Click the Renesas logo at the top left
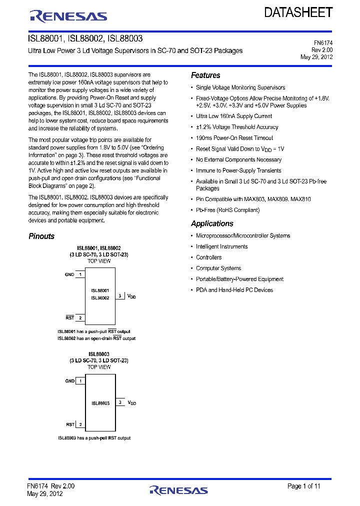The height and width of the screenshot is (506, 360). pos(68,16)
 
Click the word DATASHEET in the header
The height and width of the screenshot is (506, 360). pos(298,13)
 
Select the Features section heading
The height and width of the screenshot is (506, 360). pos(205,75)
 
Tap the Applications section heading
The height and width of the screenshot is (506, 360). pos(212,223)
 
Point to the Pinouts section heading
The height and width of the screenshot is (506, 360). pos(41,236)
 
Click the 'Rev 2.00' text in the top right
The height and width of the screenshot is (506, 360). pos(322,50)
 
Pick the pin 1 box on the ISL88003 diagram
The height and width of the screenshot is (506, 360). pos(80,381)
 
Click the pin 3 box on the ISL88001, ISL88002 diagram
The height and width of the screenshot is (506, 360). pos(120,296)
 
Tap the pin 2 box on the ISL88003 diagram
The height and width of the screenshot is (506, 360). pos(80,424)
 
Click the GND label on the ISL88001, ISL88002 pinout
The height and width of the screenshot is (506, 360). pos(69,274)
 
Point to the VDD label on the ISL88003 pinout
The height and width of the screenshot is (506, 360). pos(131,402)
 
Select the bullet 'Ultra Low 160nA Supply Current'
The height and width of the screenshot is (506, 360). pos(233,116)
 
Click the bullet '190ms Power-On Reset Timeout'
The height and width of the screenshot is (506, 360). pos(234,138)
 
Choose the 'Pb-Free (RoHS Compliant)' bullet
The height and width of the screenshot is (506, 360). pos(227,210)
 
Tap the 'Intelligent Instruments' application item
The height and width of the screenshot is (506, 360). pos(221,246)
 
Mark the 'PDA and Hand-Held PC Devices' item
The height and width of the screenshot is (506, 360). pos(234,290)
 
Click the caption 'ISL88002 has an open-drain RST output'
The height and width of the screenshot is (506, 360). pos(96,338)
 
